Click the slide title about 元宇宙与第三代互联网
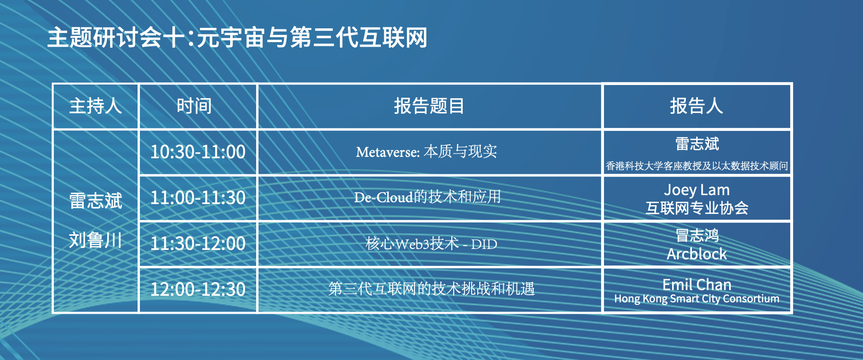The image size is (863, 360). (237, 37)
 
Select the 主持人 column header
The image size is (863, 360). (95, 106)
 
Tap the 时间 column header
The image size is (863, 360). (194, 106)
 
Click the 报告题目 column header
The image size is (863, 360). (429, 106)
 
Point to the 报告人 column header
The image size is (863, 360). (697, 106)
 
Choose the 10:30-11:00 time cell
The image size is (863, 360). (198, 152)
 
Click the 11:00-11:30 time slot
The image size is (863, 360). (198, 197)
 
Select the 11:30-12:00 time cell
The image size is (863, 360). (198, 243)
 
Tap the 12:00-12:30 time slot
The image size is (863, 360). (198, 289)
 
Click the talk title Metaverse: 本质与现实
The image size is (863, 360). (426, 152)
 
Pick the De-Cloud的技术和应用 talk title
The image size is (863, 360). (427, 197)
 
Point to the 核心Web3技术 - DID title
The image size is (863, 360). (431, 244)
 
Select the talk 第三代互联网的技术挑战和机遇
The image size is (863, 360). (431, 289)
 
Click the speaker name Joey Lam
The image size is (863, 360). (697, 190)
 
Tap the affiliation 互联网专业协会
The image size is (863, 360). (697, 208)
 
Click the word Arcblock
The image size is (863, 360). (697, 254)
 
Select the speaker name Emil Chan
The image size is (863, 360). (697, 284)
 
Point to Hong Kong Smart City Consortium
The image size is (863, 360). (697, 299)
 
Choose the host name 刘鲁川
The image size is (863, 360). (95, 240)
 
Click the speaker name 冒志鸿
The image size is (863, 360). (697, 235)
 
